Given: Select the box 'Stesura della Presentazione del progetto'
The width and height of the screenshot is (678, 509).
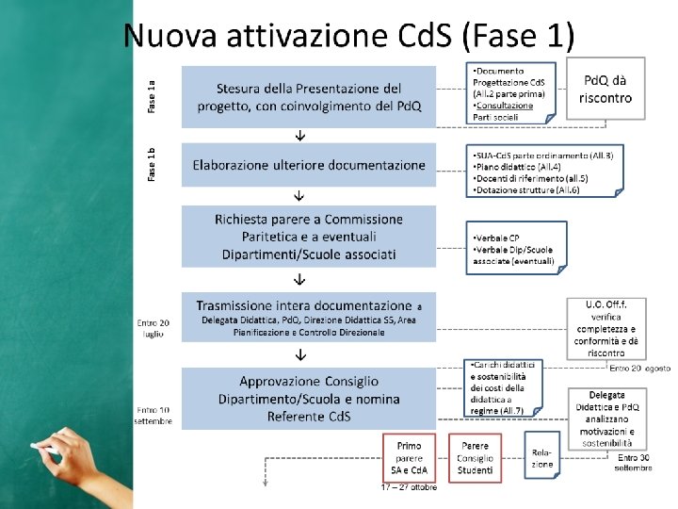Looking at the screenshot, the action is point(308,96).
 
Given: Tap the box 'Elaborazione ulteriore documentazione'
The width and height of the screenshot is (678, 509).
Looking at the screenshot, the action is point(308,165).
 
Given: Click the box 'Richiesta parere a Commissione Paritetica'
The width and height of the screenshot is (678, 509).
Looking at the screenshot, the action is point(308,237).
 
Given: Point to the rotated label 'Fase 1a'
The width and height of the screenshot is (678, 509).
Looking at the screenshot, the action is point(153,97).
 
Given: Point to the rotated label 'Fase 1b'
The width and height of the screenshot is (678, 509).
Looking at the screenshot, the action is point(153,164).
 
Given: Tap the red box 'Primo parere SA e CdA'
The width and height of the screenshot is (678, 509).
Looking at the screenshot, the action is point(409,457).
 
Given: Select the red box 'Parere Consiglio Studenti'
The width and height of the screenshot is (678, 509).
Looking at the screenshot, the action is point(476,457).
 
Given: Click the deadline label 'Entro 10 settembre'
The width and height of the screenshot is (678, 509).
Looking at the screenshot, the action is point(153,416).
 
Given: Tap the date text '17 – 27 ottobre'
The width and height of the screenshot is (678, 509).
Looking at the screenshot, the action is point(414,487).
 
